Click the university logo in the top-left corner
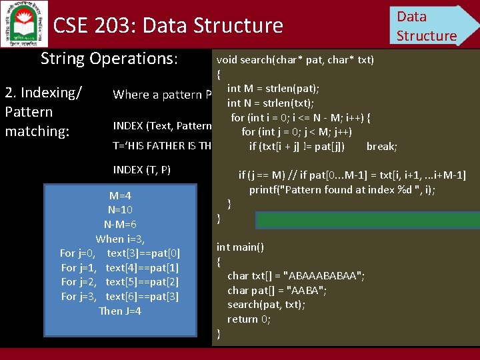click(x=25, y=23)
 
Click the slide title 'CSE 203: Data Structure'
click(x=168, y=26)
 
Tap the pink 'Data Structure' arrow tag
click(x=429, y=25)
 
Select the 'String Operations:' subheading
click(x=109, y=59)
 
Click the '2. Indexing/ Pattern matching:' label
click(x=43, y=111)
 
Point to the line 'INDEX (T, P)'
click(x=142, y=169)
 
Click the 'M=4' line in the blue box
click(x=120, y=196)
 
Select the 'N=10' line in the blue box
click(x=120, y=210)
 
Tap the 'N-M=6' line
click(x=120, y=225)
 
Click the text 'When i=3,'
click(x=120, y=239)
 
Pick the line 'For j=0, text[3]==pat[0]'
click(x=119, y=253)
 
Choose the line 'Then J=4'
click(x=120, y=311)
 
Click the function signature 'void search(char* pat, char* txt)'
click(x=295, y=60)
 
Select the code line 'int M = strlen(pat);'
click(x=273, y=89)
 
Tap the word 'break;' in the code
click(x=381, y=146)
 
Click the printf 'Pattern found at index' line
click(x=342, y=189)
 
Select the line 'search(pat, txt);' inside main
click(x=266, y=304)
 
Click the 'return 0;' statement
click(x=249, y=319)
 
